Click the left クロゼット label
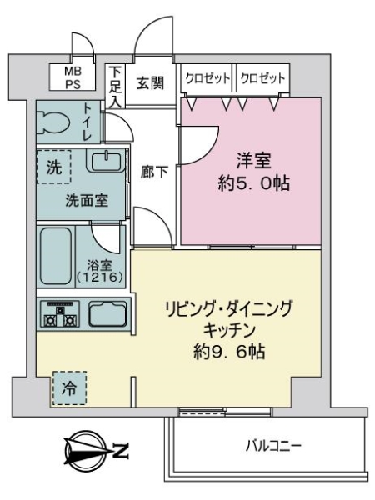coord(207,77)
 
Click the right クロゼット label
coord(262,77)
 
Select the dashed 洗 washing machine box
coord(52,166)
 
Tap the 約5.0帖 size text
coord(252,184)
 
